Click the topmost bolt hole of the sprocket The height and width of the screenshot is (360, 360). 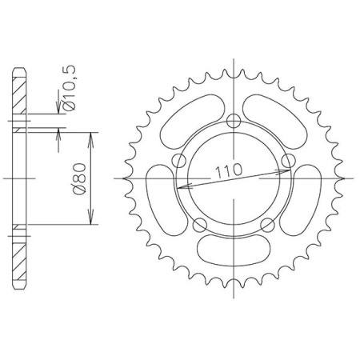click(x=234, y=122)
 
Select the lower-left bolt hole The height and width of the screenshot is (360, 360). click(x=199, y=226)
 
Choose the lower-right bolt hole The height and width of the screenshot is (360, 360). click(x=267, y=226)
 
